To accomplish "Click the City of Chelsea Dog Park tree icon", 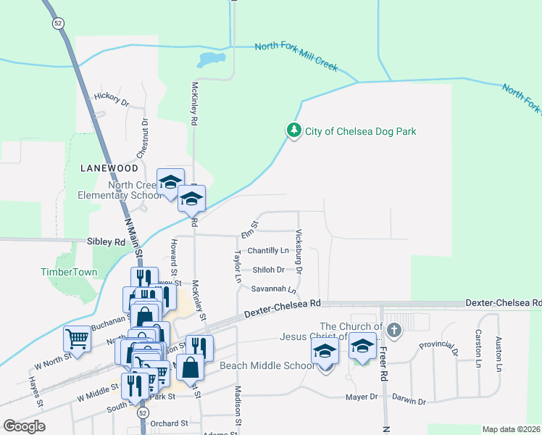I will pos(293,131).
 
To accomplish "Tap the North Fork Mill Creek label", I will pos(296,57).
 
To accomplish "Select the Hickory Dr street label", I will pos(111,99).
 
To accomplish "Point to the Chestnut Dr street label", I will pos(143,139).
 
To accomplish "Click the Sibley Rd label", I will pos(106,241).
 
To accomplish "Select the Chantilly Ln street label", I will pos(268,251).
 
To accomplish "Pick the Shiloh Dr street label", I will pos(268,270).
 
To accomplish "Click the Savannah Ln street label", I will pos(274,289).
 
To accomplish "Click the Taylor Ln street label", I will pos(237,267).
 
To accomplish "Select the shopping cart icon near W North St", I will pos(77,338).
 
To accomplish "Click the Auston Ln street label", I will pos(499,354).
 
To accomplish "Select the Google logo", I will pos(24,426).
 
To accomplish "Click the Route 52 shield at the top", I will pos(58,23).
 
